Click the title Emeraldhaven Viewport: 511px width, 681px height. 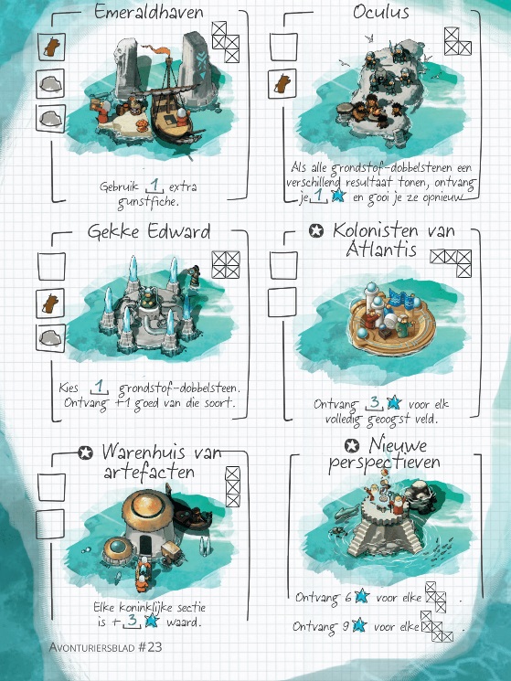(148, 12)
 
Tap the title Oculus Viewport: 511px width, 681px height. (381, 12)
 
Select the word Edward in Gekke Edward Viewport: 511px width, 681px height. (179, 231)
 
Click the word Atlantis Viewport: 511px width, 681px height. (381, 250)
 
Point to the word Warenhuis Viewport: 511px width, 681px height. (144, 452)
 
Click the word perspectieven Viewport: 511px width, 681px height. (384, 463)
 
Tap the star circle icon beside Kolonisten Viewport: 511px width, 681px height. (316, 230)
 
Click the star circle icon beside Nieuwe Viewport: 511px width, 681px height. (352, 445)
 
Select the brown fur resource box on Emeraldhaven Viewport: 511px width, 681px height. (51, 47)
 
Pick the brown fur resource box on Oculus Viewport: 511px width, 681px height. (282, 83)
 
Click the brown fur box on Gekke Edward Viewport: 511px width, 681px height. (50, 303)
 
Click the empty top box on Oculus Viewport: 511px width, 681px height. (283, 47)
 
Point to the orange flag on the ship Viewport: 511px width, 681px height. (162, 51)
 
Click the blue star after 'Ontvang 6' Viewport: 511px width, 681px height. (362, 596)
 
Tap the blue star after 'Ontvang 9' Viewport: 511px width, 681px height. (359, 625)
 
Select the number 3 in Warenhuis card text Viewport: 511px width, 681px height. (132, 620)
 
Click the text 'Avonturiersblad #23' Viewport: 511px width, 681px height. (105, 647)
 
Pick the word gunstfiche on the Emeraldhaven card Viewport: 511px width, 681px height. (148, 202)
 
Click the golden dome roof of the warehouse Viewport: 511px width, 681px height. (147, 506)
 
